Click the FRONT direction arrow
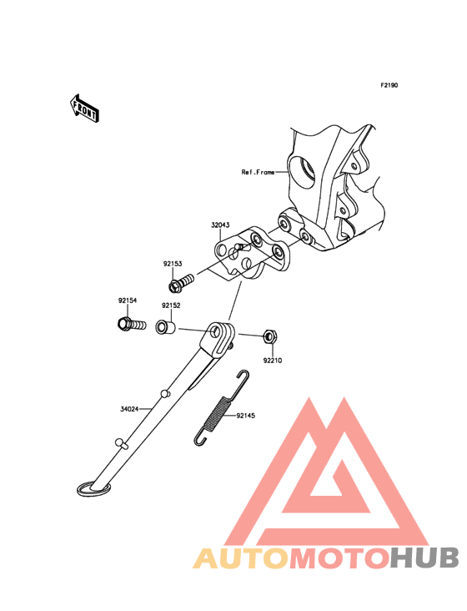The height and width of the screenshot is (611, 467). pos(84,109)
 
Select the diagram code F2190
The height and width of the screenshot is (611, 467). pos(389,85)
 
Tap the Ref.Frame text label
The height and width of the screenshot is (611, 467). pos(258,172)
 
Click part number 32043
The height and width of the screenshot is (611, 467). pos(220,225)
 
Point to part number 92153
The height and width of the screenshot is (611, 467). pos(173,264)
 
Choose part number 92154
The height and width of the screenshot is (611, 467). pos(128,300)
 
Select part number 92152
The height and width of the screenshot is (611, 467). pos(171,305)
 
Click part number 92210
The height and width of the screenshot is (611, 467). pos(273,361)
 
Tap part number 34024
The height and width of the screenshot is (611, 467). pos(129,409)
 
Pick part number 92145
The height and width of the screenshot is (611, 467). pos(245,416)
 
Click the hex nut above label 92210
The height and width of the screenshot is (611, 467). pos(269,336)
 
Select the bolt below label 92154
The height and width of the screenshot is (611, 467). pos(132,324)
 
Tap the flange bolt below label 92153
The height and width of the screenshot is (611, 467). pos(181,282)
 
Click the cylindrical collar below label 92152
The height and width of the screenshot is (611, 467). pos(166,327)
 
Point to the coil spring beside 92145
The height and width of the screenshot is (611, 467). pos(221,407)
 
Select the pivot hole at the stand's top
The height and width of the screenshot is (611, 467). pos(215,333)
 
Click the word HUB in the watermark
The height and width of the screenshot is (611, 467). pos(425,558)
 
